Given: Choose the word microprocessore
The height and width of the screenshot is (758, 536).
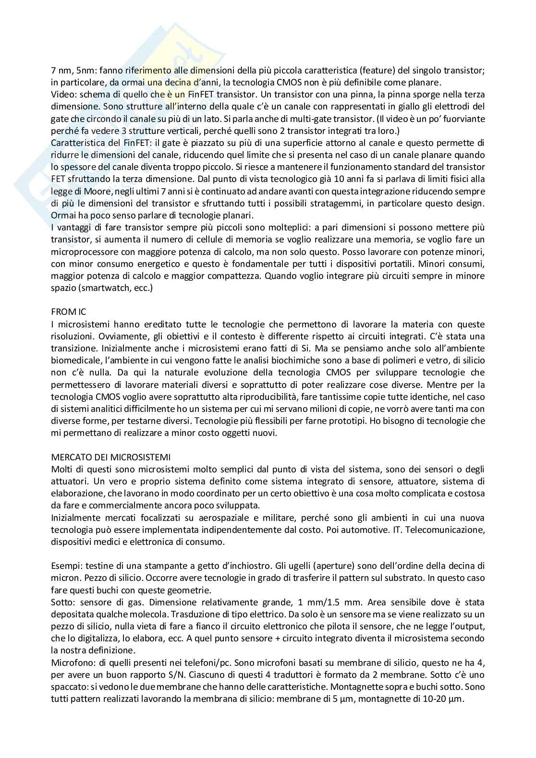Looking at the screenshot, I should (x=80, y=252).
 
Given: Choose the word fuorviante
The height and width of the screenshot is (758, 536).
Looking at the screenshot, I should (x=459, y=119).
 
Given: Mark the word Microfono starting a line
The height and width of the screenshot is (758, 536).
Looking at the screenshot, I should (x=70, y=662).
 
